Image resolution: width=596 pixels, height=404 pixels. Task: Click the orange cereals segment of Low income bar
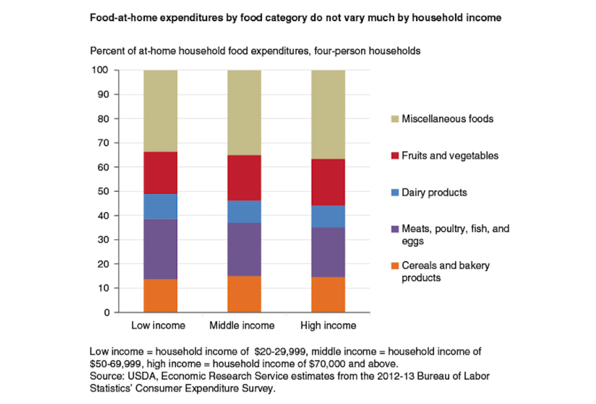click(160, 295)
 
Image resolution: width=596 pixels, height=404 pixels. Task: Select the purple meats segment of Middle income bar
click(244, 249)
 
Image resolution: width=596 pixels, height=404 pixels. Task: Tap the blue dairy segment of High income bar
click(328, 216)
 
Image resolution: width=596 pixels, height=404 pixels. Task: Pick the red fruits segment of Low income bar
click(160, 173)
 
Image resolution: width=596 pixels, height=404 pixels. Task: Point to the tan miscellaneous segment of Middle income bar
click(244, 112)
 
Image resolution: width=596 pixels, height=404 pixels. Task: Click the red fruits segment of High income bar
click(328, 182)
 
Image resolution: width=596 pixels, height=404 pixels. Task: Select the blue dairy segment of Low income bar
click(160, 207)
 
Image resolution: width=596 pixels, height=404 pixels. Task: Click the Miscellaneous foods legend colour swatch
click(395, 119)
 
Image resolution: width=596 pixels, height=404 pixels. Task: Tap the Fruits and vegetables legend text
click(450, 156)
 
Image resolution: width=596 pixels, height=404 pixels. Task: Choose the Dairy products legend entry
click(434, 193)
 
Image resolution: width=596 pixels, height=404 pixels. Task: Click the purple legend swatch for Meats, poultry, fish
click(395, 229)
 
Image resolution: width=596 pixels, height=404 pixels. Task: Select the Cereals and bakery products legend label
click(445, 271)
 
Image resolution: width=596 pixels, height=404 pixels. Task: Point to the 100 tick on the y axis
click(100, 70)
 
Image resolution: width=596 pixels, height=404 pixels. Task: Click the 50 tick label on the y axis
click(103, 191)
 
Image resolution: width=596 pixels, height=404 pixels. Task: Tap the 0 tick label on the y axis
click(106, 313)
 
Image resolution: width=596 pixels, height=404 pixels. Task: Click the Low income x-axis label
click(158, 325)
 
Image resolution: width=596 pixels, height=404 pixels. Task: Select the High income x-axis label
click(328, 325)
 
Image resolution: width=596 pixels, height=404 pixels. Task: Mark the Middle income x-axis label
click(242, 325)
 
